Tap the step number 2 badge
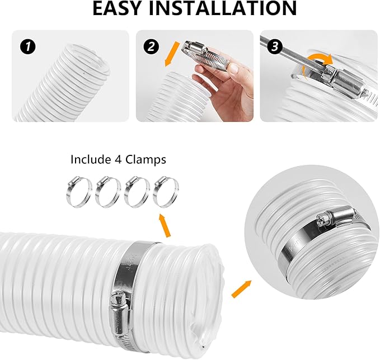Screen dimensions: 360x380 [x=150, y=46]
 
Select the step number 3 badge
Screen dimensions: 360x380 [x=274, y=46]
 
